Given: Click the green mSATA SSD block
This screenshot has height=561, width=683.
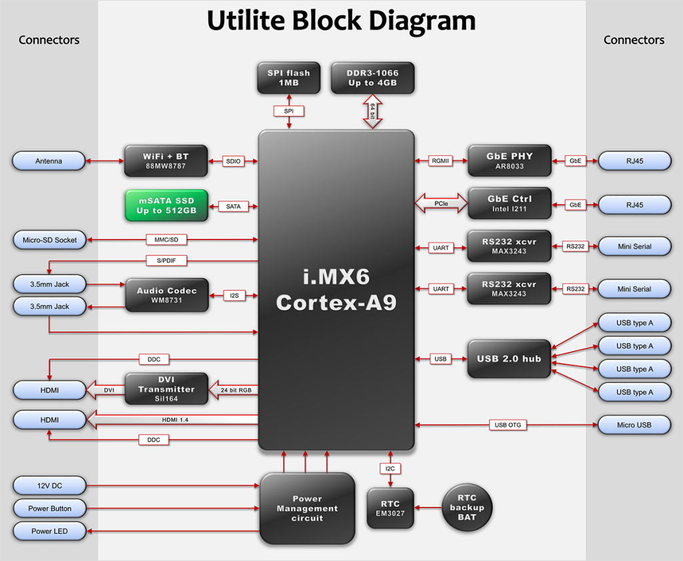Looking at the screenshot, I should (166, 205).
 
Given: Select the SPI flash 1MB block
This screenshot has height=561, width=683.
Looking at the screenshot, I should (288, 78).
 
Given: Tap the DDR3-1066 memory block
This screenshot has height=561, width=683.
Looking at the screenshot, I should (372, 78).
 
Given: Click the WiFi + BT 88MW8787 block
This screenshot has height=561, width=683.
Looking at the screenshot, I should (166, 161).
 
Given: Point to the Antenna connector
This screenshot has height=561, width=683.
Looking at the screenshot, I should (49, 161).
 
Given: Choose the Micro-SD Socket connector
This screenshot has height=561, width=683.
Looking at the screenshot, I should (49, 240).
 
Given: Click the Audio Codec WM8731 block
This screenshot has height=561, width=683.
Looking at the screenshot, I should (167, 295).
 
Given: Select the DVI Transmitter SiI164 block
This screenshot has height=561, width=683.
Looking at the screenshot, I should (167, 389).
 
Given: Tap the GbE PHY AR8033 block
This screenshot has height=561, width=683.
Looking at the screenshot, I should (510, 161).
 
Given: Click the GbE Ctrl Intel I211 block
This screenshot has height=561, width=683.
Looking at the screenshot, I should (510, 203).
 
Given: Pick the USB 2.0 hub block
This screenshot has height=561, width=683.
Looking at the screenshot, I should (509, 359).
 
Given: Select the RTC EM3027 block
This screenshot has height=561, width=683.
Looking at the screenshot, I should (390, 508).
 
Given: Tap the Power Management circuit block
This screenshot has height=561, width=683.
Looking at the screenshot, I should (307, 508).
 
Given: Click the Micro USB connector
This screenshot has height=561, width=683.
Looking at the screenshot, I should (634, 425).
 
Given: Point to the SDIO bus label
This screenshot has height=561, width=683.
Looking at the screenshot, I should (233, 161).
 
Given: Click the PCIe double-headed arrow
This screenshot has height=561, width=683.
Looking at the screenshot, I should (441, 203).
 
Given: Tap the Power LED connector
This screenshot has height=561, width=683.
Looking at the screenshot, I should (49, 532).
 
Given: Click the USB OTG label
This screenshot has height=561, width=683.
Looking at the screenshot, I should (508, 425).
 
